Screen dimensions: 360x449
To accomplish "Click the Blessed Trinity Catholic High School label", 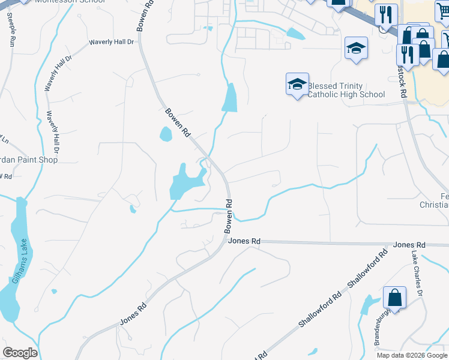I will (346, 90).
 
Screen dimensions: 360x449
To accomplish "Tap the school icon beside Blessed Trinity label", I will (297, 85).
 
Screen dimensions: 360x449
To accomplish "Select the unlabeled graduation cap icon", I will (356, 48).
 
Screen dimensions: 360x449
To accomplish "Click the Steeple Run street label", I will (11, 32).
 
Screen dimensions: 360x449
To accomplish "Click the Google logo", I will (20, 353).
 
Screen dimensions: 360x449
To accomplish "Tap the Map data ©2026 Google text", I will (412, 355).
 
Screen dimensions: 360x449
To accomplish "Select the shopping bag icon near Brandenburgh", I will (394, 298).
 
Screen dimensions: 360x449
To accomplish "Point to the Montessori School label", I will (70, 2).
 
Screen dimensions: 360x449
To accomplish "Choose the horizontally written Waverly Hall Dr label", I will (113, 42).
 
